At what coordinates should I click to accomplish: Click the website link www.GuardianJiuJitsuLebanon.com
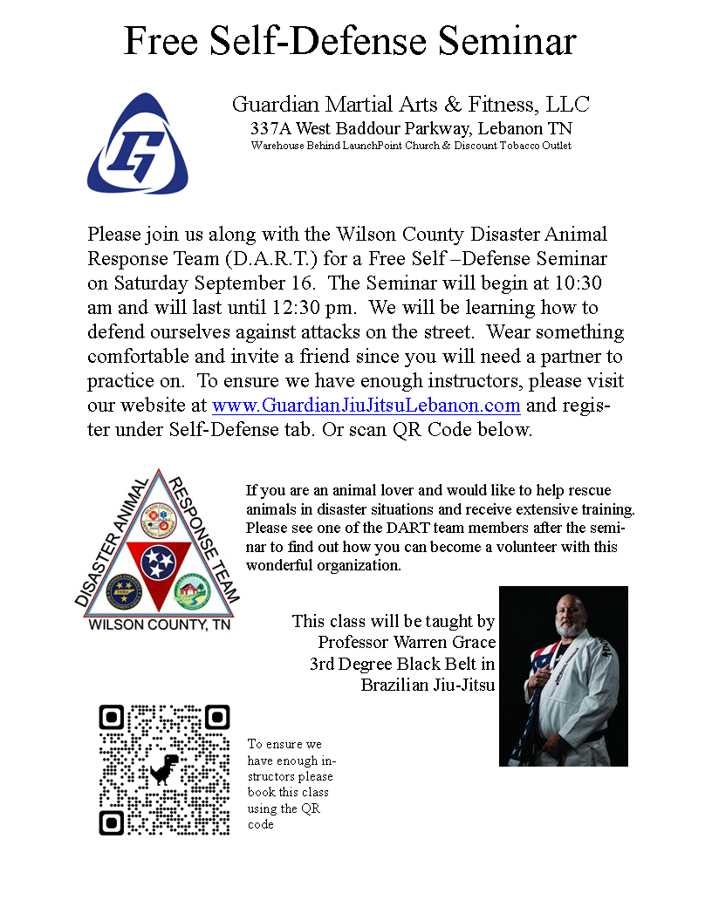click(x=366, y=406)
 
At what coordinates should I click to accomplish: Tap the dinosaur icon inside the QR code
click(x=164, y=768)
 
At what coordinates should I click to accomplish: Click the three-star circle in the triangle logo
click(x=158, y=559)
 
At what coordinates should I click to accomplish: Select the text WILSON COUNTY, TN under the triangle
click(x=158, y=625)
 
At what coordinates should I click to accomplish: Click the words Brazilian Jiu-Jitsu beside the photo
click(x=428, y=685)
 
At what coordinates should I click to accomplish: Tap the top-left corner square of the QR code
click(x=113, y=718)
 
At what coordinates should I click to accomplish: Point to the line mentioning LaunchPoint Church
click(x=410, y=146)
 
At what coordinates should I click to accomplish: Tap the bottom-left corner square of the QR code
click(x=113, y=822)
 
